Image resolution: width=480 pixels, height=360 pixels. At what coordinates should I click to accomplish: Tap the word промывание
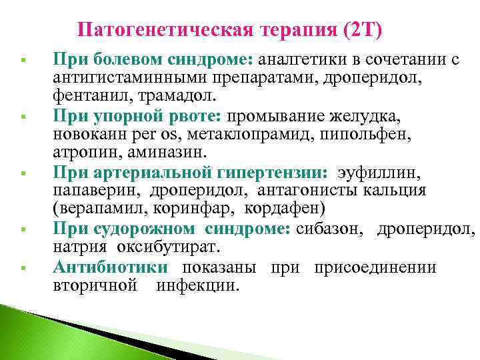[275, 117]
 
